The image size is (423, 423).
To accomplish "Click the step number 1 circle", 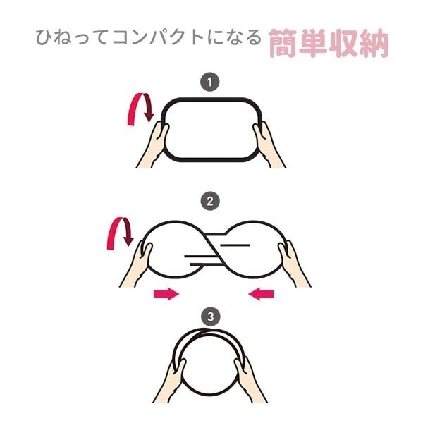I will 209,82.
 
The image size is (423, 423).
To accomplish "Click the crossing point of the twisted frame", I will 211,250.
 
